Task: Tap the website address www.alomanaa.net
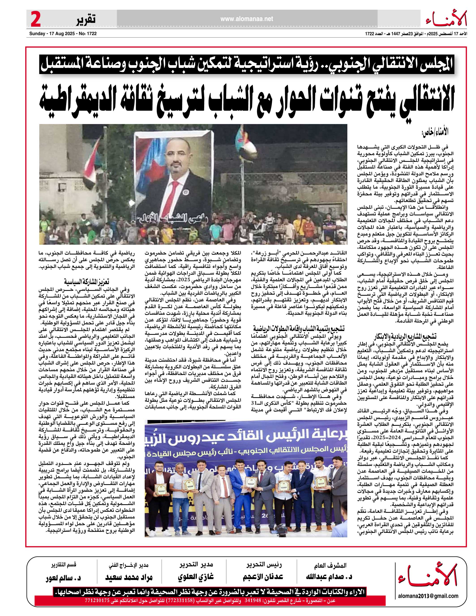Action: (x=247, y=19)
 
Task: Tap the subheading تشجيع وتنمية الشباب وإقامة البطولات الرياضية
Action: (x=298, y=329)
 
